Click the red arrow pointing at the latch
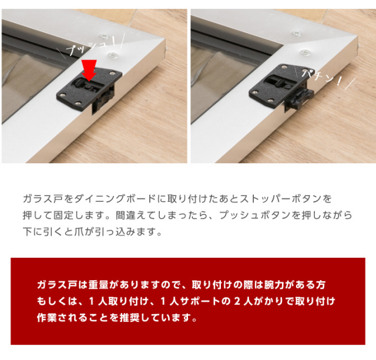click(89, 70)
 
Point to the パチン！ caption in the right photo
click(321, 77)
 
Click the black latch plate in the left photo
click(89, 90)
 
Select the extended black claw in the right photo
click(299, 98)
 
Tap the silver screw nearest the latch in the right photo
click(305, 52)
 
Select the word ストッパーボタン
click(281, 199)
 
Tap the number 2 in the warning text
click(237, 301)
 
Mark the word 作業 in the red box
click(47, 318)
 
